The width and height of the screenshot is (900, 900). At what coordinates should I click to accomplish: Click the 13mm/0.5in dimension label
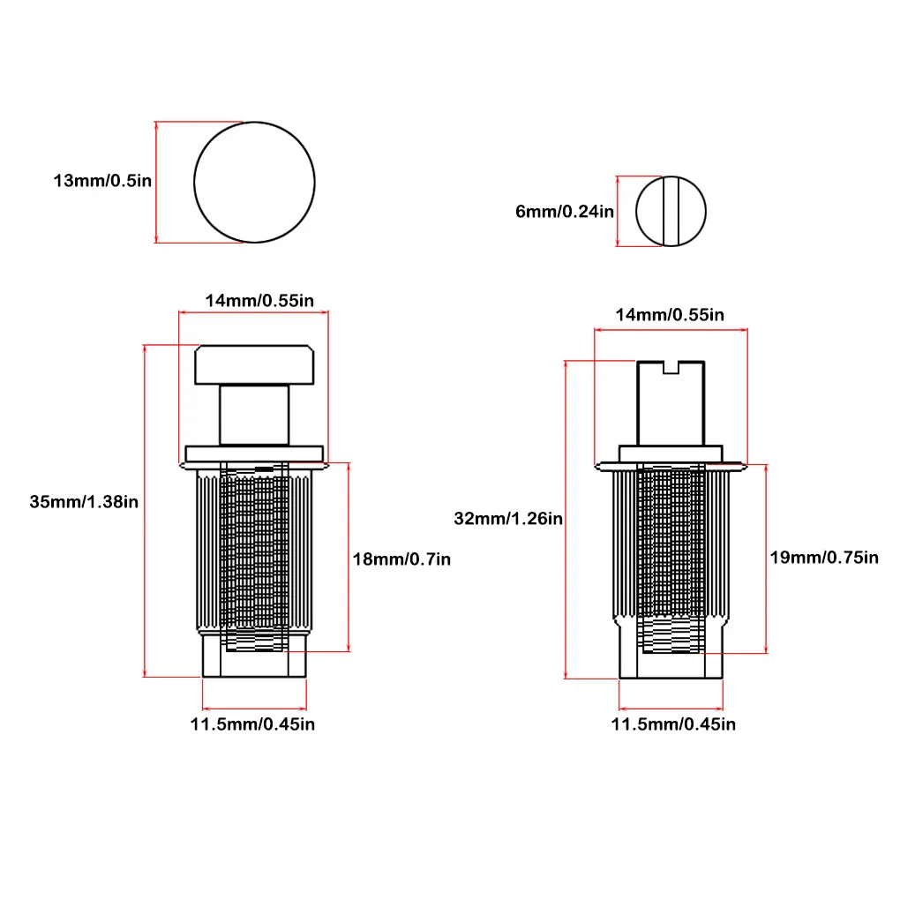click(x=102, y=181)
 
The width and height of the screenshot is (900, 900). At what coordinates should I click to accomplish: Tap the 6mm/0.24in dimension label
click(x=565, y=212)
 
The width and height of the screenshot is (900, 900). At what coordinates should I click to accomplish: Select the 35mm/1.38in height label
click(x=84, y=502)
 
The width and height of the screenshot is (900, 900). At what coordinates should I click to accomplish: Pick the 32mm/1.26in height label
click(x=508, y=519)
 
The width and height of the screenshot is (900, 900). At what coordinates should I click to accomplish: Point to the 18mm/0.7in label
click(x=401, y=559)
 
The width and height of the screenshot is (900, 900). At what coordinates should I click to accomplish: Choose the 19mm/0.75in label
click(x=824, y=558)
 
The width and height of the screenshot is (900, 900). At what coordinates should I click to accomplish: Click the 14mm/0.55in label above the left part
click(x=259, y=301)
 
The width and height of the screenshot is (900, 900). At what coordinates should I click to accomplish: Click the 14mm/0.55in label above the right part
click(x=670, y=315)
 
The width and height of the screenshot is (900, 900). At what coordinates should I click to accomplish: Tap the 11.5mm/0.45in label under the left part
click(x=252, y=724)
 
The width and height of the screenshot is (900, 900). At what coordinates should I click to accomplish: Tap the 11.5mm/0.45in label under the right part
click(x=673, y=724)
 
